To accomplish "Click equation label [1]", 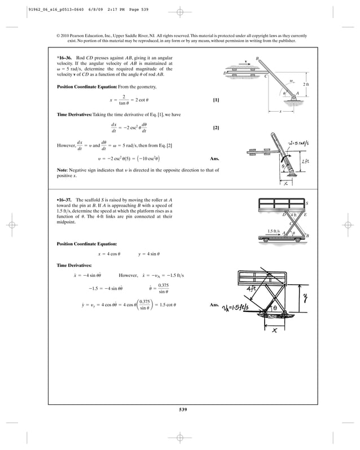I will coord(216,100).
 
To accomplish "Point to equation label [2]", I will coord(216,127).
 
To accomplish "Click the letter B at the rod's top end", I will coord(257,58).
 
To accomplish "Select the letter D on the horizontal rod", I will coord(225,73).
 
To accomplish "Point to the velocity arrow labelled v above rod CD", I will coord(247,61).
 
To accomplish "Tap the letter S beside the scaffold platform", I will coord(307,203).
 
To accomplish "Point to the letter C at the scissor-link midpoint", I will coord(290,223).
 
